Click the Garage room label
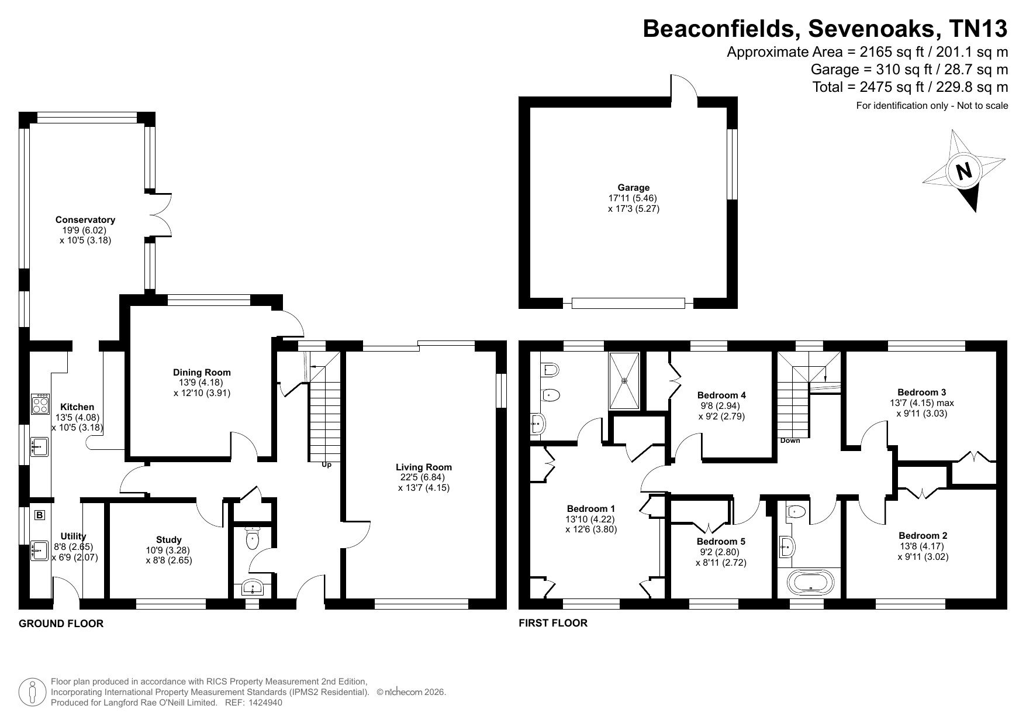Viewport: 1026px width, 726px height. tap(634, 188)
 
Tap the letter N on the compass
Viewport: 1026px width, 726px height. tap(963, 171)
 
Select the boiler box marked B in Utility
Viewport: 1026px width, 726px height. tap(40, 515)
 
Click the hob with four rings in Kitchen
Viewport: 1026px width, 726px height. tap(40, 404)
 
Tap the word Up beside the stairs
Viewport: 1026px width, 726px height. tap(326, 465)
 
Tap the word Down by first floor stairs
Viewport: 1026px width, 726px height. tap(790, 441)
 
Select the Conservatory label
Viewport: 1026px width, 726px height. tap(85, 220)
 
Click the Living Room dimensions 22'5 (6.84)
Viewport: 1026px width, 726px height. tap(424, 477)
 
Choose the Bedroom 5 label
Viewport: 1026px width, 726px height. tap(721, 542)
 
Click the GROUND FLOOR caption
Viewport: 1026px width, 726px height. tap(61, 624)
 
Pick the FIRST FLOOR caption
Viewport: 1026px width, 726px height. tap(553, 623)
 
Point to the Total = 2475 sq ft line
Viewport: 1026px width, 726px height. tap(910, 87)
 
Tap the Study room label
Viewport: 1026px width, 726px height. tap(168, 540)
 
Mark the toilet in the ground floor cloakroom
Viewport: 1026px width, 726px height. tap(253, 538)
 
